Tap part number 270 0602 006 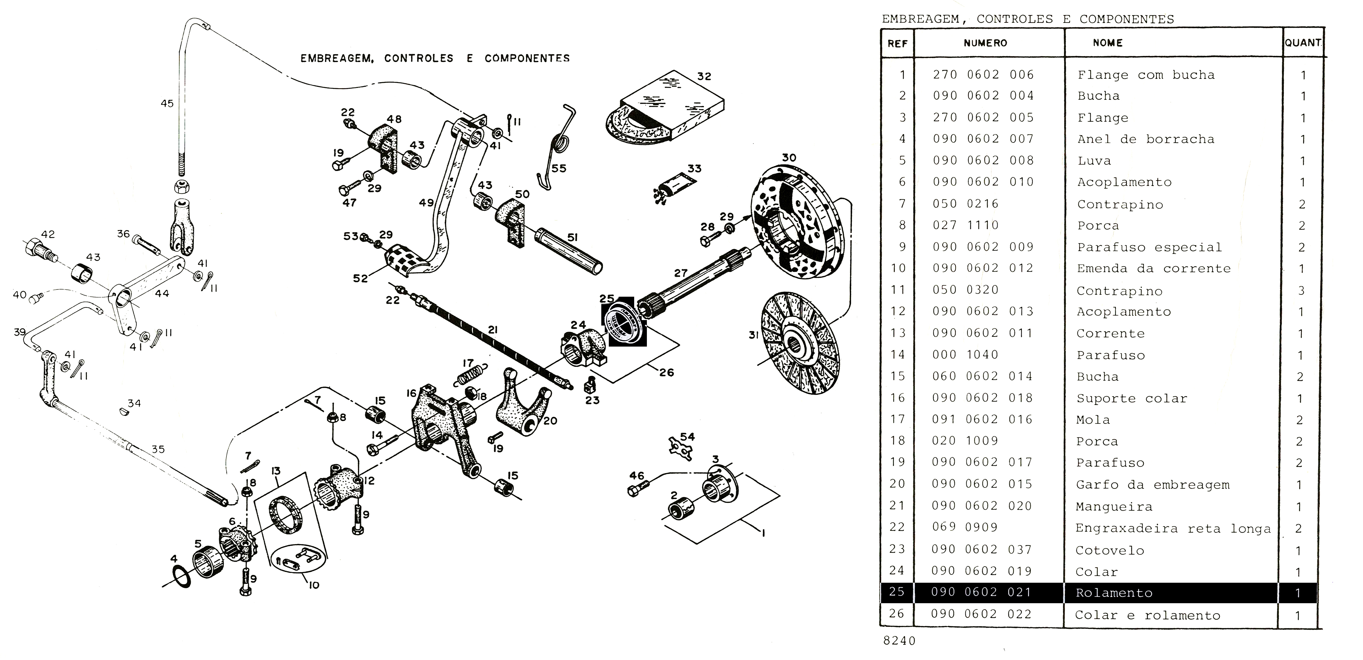[x=982, y=75]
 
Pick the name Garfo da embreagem [x=1152, y=484]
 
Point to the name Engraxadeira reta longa [x=1173, y=528]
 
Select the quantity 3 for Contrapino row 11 [x=1301, y=290]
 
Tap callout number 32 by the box [x=704, y=76]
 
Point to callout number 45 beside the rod [x=167, y=103]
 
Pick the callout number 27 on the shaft [x=680, y=273]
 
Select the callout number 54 [x=687, y=437]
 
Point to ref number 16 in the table [x=898, y=398]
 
